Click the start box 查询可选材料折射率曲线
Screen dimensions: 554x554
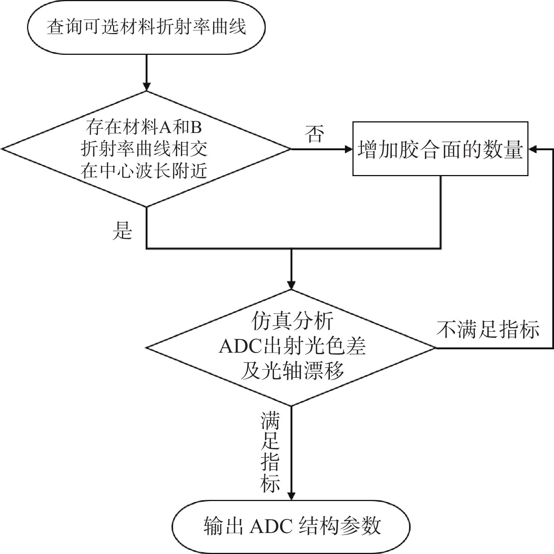pyautogui.click(x=146, y=27)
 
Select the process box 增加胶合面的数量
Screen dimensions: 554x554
pyautogui.click(x=440, y=149)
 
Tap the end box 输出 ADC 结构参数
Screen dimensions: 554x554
pyautogui.click(x=291, y=526)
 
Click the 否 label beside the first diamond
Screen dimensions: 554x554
pyautogui.click(x=315, y=134)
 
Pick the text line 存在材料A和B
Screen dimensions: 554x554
pyautogui.click(x=145, y=127)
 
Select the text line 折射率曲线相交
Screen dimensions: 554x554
pyautogui.click(x=145, y=149)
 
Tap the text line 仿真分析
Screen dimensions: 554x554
pyautogui.click(x=292, y=322)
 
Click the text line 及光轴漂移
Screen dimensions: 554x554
pyautogui.click(x=292, y=371)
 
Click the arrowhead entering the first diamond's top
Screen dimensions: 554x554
pyautogui.click(x=146, y=86)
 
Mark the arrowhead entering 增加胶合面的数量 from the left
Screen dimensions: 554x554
pyautogui.click(x=348, y=149)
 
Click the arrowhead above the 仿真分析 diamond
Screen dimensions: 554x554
pyautogui.click(x=291, y=284)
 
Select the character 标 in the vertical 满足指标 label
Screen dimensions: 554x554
pyautogui.click(x=270, y=483)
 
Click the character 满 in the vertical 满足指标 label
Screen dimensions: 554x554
pyautogui.click(x=270, y=421)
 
